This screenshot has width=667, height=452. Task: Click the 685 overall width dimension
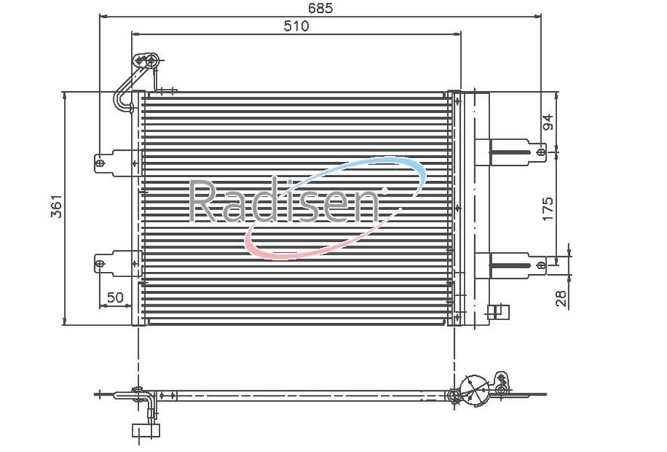tap(320, 8)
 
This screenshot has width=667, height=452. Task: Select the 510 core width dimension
tap(296, 26)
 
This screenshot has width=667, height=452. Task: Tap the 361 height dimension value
tap(56, 206)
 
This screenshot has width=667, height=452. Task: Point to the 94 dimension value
tap(548, 122)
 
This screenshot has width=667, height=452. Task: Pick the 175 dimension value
tap(548, 208)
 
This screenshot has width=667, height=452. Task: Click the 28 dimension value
tap(562, 298)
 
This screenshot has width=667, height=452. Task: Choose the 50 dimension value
tap(115, 297)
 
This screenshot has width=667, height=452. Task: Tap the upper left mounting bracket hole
tap(100, 163)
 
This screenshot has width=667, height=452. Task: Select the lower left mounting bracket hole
tap(100, 264)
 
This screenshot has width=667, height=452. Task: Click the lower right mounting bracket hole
tap(541, 264)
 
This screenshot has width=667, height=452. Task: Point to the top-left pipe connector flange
tap(147, 60)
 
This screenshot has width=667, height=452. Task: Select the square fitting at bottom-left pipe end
tap(146, 430)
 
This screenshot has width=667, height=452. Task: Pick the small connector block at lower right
tap(499, 312)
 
